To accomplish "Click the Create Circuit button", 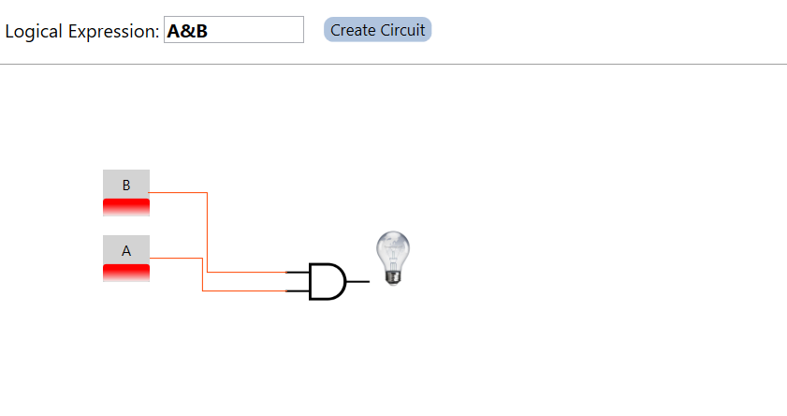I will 377,30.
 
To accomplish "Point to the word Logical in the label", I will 35,31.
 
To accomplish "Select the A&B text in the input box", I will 187,31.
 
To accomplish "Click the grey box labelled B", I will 126,185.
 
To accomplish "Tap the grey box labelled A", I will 126,250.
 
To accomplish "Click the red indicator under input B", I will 126,207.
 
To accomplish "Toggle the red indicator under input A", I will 126,273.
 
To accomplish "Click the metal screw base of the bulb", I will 394,275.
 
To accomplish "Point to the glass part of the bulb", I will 393,248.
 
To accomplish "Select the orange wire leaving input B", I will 207,234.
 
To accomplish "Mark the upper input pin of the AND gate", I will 297,273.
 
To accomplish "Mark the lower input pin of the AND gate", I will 297,290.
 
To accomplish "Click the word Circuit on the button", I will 402,30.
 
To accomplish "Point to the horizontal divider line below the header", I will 393,65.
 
